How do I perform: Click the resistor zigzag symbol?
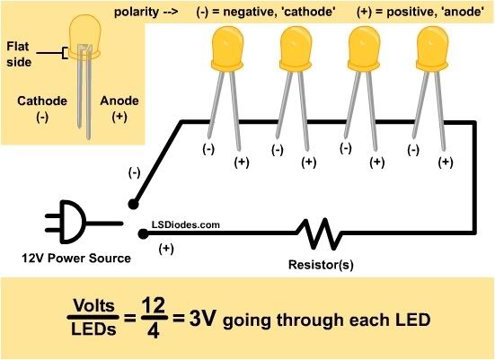pos(318,234)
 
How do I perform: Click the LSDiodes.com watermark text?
pos(186,224)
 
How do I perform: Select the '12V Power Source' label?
pos(76,258)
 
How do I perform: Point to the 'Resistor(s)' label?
pos(321,265)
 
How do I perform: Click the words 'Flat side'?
pos(19,54)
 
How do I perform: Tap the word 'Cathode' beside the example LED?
pos(42,101)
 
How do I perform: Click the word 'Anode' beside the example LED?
pos(119,101)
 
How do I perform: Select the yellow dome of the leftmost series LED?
pos(227,48)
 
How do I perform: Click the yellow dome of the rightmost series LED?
pos(432,48)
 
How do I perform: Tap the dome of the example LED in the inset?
pos(84,37)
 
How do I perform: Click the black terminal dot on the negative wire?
pos(134,205)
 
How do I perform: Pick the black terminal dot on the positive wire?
pos(144,234)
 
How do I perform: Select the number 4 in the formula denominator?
pos(154,330)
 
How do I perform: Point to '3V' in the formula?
pos(203,319)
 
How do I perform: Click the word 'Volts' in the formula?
pos(93,305)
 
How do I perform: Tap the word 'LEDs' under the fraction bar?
pos(93,329)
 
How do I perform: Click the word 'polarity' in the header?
pos(137,12)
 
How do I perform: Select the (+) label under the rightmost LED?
pos(446,162)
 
